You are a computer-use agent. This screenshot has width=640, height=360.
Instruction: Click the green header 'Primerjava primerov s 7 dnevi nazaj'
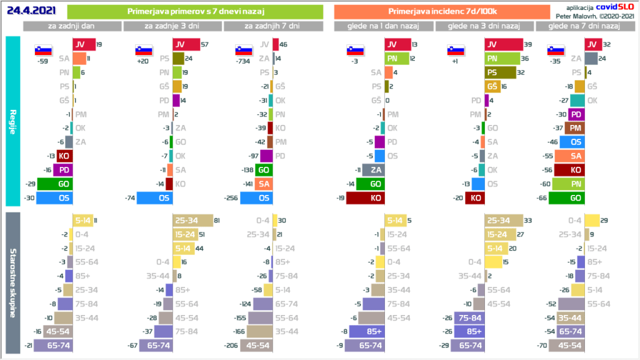coord(194,12)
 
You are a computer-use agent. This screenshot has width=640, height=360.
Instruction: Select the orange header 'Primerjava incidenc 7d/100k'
coord(442,12)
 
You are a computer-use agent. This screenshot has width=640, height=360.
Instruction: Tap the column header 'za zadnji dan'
coord(72,26)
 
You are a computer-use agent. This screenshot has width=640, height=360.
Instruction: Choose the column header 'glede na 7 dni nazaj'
coord(584,26)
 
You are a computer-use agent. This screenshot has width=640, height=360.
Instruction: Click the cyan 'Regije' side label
coord(12,121)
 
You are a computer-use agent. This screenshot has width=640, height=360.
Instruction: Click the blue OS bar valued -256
coord(256,197)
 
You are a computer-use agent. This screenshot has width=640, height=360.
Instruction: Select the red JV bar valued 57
coord(186,44)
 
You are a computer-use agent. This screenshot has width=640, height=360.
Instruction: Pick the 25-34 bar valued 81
coord(193,221)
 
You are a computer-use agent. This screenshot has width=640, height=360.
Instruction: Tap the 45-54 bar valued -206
coord(257,345)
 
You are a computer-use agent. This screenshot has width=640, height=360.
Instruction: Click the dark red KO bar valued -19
coord(365,197)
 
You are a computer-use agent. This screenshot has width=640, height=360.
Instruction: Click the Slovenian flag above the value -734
coord(243,51)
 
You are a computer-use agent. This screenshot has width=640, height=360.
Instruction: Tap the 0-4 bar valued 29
coord(592,221)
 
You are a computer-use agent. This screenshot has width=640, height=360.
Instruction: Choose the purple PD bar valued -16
coord(63,169)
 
